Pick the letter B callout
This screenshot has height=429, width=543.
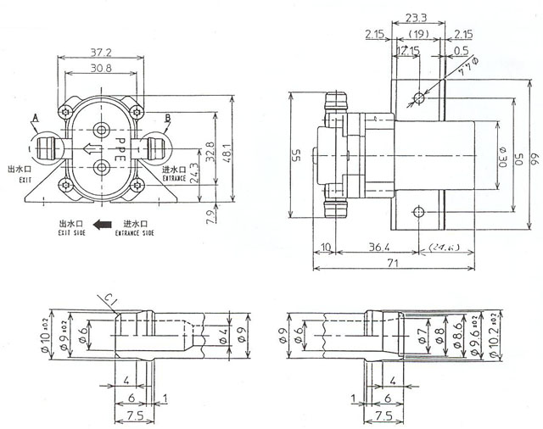coord(167,117)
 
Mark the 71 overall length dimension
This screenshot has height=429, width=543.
coord(391,265)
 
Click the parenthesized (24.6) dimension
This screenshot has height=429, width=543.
coord(442,248)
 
